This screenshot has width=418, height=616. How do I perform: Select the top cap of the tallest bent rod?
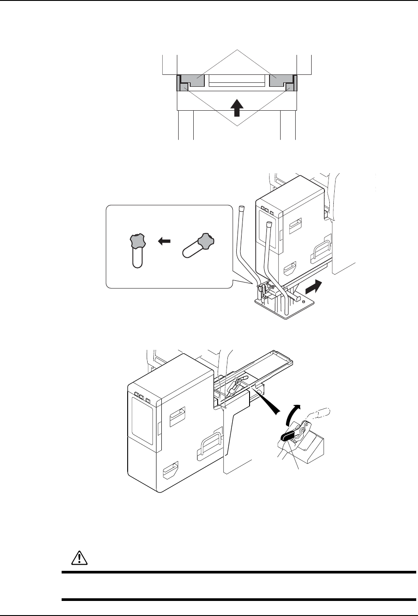pos(241,208)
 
